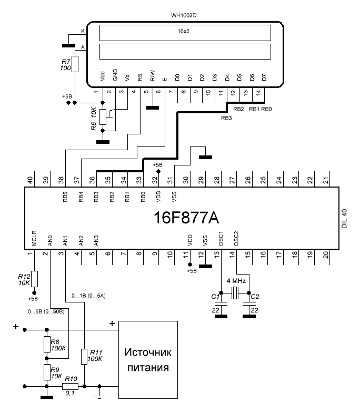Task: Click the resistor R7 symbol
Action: [75, 64]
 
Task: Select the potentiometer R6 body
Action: [103, 117]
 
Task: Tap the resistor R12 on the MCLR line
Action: [34, 279]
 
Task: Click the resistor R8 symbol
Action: [47, 344]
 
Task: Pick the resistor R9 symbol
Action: [47, 372]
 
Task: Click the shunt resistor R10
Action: [70, 386]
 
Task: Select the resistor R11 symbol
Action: [84, 357]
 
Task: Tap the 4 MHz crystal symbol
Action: [235, 293]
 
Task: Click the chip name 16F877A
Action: [186, 217]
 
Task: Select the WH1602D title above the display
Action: [184, 15]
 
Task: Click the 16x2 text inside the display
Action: [183, 31]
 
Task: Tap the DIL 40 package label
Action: [344, 219]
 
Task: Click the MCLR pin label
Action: [34, 238]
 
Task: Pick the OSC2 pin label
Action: [236, 238]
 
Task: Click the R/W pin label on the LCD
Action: [153, 75]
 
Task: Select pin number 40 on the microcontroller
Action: [30, 180]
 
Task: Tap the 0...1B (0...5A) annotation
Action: [88, 296]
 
